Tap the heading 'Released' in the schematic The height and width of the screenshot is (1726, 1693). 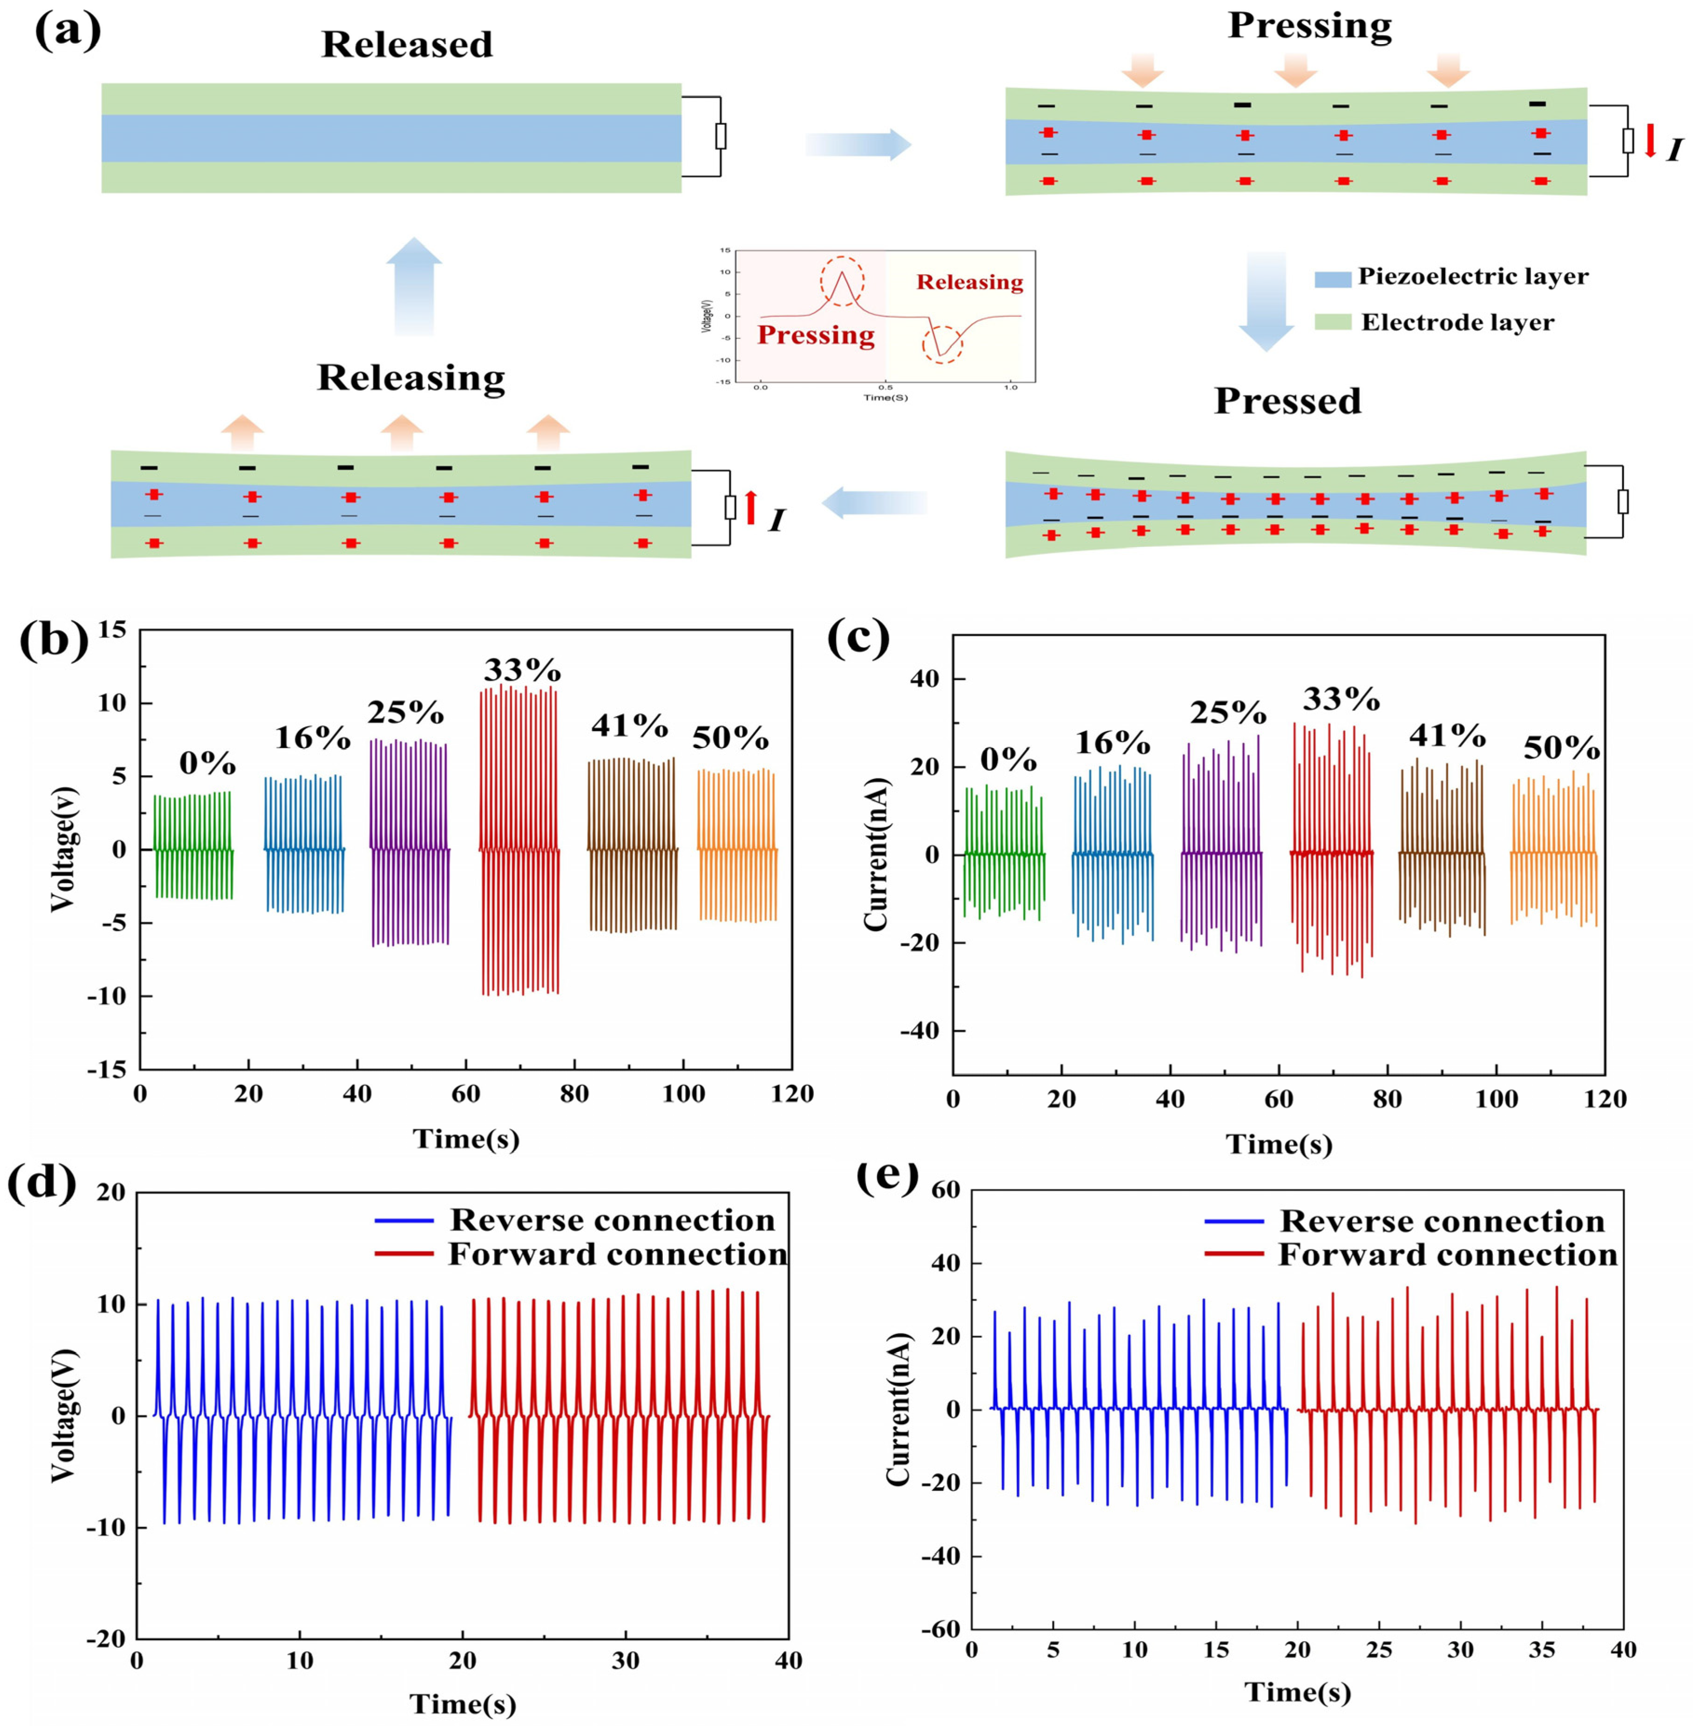tap(407, 44)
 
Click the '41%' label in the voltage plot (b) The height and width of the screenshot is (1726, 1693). tap(629, 726)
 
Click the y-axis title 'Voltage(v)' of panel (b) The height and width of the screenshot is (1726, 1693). tap(62, 849)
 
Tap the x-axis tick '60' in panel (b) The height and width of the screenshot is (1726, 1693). tap(466, 1094)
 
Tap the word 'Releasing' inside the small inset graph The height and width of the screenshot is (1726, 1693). tap(969, 283)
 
